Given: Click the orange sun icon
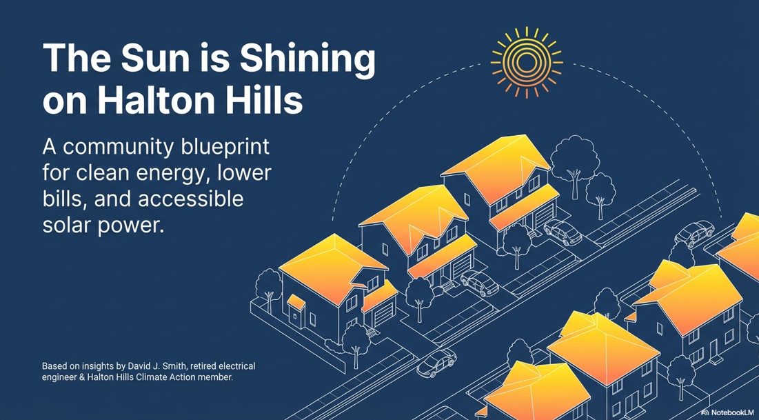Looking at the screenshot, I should [526, 62].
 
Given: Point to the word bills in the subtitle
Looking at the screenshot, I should [59, 199].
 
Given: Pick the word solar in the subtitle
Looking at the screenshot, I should [68, 226].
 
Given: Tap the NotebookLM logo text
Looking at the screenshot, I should [733, 412].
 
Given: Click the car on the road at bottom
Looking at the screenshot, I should [436, 363].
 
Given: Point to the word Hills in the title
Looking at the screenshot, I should [267, 101].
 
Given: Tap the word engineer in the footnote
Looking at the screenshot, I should [61, 377].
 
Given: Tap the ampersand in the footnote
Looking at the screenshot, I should [87, 377].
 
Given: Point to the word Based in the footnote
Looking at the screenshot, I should [55, 366].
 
